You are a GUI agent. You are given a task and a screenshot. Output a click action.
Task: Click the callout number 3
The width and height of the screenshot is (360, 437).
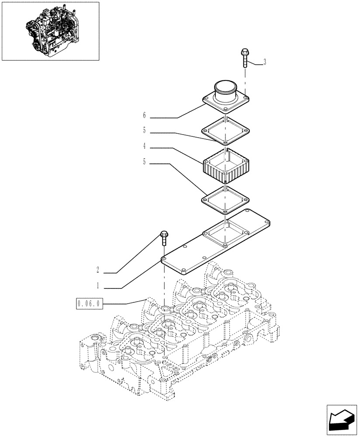click(x=265, y=62)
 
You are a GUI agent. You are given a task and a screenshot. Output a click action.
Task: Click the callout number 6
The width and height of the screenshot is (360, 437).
click(x=144, y=116)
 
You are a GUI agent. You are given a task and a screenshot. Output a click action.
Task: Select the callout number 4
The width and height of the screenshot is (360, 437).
click(x=144, y=147)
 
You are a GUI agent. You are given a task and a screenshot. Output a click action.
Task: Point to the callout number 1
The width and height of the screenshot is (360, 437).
click(x=98, y=286)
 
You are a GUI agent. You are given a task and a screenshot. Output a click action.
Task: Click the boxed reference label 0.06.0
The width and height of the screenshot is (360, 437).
click(x=89, y=303)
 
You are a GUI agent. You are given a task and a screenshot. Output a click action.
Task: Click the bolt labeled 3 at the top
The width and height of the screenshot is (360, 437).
click(x=245, y=57)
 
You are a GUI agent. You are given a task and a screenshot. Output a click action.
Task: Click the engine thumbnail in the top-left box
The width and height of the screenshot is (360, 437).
click(x=50, y=31)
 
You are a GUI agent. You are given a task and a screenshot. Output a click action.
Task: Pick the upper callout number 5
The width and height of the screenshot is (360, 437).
click(x=144, y=131)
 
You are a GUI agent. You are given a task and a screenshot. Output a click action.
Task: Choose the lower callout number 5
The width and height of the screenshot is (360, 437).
click(x=144, y=163)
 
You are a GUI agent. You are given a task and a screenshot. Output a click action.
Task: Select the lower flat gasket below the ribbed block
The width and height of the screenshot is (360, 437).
click(x=225, y=200)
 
